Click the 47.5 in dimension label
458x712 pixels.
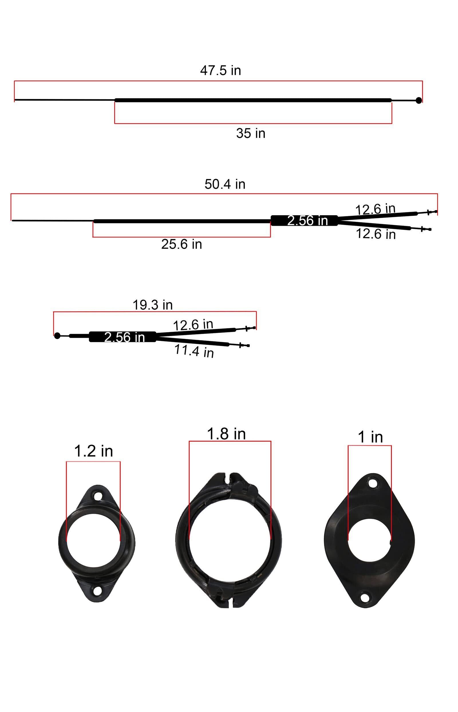220,70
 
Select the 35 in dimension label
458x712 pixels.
251,133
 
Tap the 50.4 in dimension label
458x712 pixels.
225,184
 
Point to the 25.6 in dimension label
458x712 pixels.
181,244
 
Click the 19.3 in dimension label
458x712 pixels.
152,305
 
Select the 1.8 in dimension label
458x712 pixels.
226,434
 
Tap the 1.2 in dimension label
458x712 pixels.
93,451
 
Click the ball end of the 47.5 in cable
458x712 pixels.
418,100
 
